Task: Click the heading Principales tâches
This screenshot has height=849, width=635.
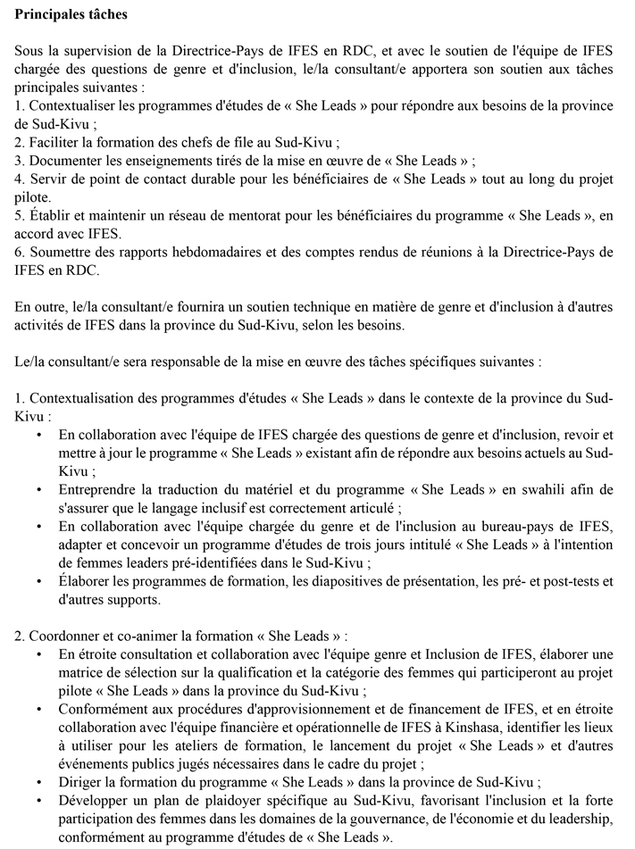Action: click(x=71, y=15)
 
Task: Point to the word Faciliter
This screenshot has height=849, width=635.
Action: click(x=54, y=142)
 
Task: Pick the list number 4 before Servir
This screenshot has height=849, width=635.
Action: click(x=20, y=179)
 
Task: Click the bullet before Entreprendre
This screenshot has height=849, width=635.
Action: click(x=39, y=489)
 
